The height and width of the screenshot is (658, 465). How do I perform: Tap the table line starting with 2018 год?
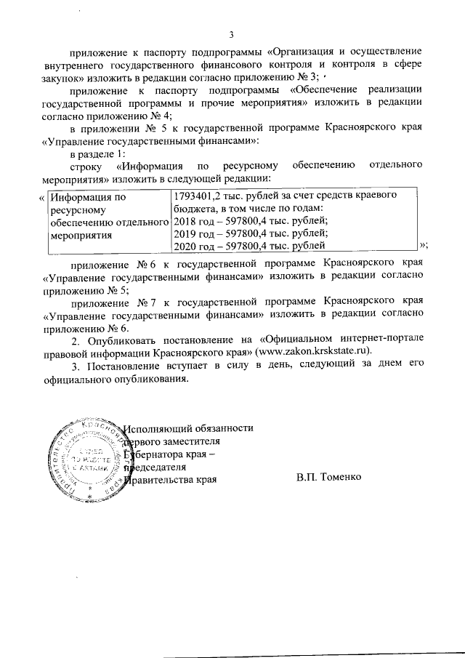point(251,221)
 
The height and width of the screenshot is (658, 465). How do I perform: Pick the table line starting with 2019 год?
point(251,233)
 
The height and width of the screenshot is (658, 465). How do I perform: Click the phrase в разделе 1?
point(97,155)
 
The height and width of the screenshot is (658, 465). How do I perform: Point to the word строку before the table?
point(86,167)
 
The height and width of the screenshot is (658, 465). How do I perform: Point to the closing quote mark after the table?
point(424,247)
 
